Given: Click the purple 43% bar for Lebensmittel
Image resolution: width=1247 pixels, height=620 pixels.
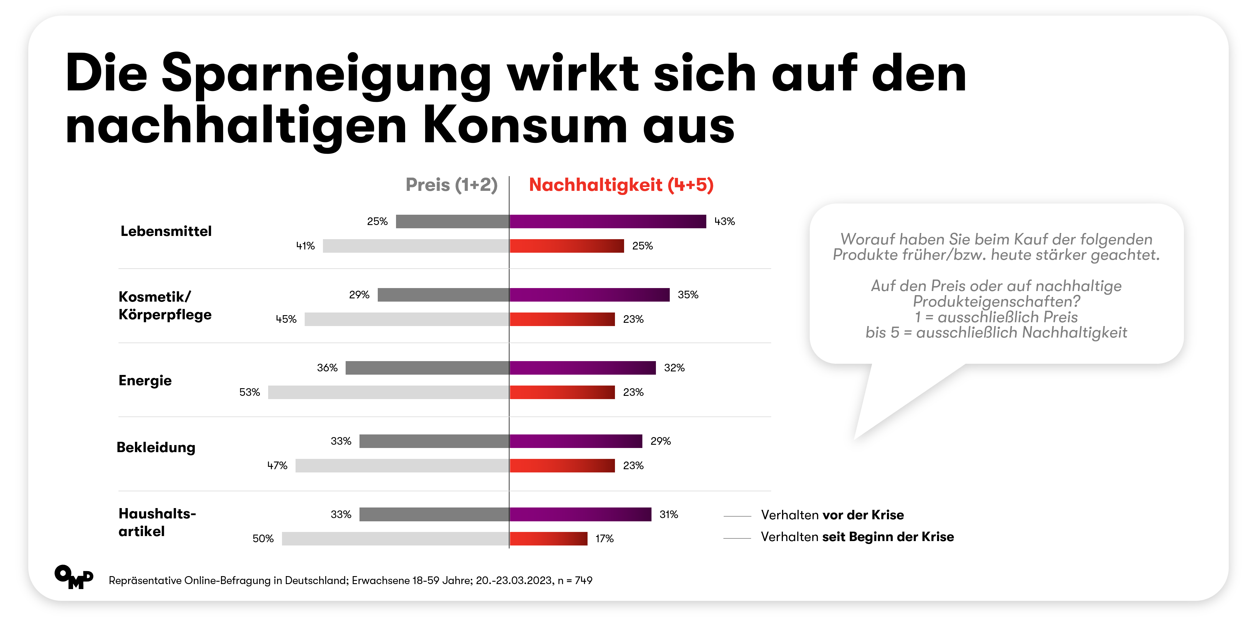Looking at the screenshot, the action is coord(608,221).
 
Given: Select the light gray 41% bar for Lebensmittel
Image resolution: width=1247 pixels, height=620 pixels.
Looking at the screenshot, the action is coord(416,246).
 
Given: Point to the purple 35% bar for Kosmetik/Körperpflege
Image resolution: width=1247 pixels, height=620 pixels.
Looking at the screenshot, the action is coord(590,295).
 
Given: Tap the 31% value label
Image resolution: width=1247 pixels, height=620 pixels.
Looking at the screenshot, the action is coord(669,515).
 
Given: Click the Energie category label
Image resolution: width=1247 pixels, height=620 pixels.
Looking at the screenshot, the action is coord(145,381).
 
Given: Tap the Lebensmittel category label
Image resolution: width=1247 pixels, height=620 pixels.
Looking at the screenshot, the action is coord(166,231).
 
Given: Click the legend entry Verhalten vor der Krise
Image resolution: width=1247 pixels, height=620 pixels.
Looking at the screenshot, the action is coord(832,515).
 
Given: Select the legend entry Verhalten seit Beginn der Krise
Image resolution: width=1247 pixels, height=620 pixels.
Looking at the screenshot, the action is coord(857,537).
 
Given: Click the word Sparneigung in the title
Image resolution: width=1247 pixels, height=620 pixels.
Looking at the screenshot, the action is coord(326,75).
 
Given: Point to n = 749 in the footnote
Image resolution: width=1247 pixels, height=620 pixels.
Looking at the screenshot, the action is coord(575,580).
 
